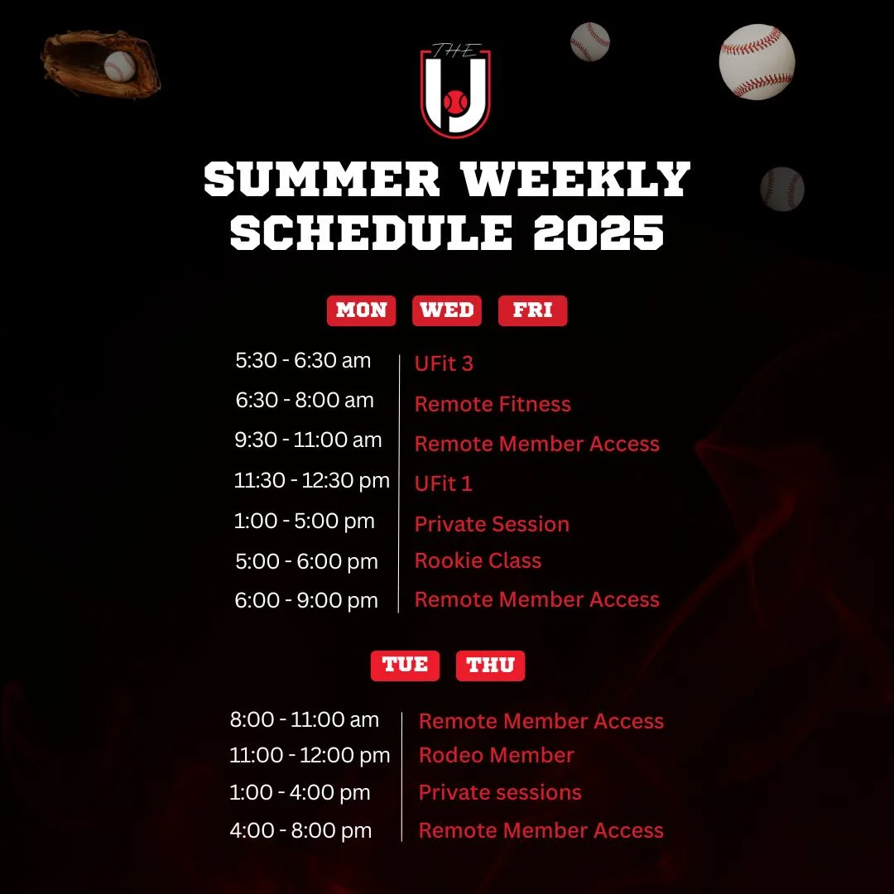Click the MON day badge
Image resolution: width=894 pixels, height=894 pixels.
(x=361, y=310)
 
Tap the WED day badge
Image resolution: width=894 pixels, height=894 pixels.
(x=446, y=310)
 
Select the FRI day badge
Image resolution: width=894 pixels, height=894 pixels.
(x=532, y=310)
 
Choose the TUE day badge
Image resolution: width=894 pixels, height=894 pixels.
(x=405, y=666)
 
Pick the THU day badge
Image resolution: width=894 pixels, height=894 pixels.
(x=490, y=666)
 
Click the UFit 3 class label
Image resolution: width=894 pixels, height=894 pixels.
(x=444, y=363)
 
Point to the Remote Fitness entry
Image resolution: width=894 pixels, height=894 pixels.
(x=493, y=404)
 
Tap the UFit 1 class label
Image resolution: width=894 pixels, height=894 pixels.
(x=443, y=483)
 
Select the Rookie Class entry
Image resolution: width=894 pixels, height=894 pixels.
(x=478, y=560)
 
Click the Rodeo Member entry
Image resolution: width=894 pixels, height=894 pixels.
(x=496, y=755)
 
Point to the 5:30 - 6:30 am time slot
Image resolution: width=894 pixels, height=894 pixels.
(x=303, y=360)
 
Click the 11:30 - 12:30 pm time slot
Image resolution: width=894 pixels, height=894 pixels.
(x=312, y=480)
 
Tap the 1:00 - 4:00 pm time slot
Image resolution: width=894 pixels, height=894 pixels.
(x=300, y=792)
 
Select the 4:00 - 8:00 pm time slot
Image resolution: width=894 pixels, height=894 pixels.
(x=300, y=831)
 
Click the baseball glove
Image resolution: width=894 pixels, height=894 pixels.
(x=100, y=64)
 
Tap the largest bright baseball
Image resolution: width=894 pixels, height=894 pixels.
(x=757, y=61)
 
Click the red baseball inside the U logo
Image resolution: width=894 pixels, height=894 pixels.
(x=455, y=102)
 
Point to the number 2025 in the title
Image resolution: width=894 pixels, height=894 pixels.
(x=598, y=233)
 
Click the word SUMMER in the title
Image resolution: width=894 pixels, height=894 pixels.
(x=321, y=179)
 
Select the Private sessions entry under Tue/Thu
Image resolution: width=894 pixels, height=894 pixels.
(x=500, y=792)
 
